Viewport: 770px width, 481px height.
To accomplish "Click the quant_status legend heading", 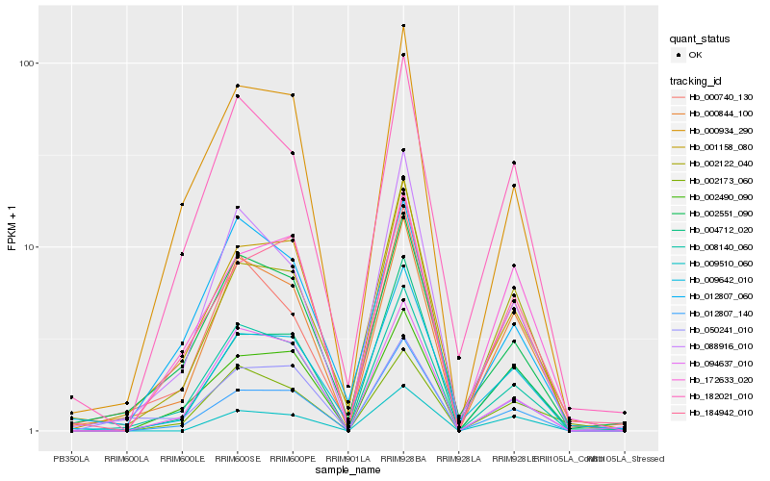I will coord(700,38).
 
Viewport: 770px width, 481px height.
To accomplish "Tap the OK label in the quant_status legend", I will coord(696,55).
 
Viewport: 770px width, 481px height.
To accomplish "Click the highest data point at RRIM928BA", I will coord(403,26).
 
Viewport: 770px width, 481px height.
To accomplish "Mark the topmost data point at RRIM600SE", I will coord(238,86).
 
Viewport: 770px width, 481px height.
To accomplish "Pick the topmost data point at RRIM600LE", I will coord(182,204).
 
